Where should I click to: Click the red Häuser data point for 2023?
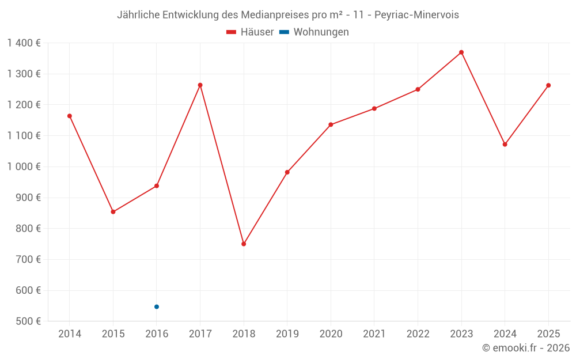click(461, 52)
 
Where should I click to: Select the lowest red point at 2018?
click(244, 244)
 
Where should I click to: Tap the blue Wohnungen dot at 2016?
click(157, 307)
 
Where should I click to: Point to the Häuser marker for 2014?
click(70, 116)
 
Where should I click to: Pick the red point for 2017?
click(200, 85)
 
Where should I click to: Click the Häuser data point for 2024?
click(505, 145)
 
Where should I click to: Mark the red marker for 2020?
click(331, 124)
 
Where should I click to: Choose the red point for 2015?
click(113, 212)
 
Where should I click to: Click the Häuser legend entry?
click(250, 32)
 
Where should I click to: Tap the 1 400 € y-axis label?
click(24, 43)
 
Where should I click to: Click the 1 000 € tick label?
click(24, 166)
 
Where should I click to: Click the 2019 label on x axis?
click(287, 334)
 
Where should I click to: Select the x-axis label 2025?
click(548, 334)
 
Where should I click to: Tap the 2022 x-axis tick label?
click(418, 334)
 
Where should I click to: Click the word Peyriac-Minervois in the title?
click(416, 15)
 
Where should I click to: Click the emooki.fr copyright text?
click(526, 348)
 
